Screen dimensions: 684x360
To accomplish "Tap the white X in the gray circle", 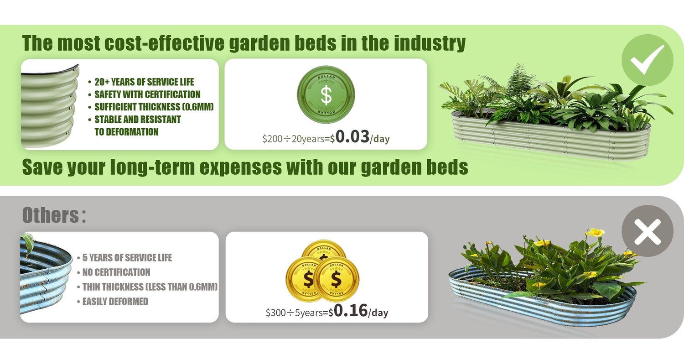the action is [648, 231].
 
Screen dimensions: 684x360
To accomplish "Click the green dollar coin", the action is [326, 94].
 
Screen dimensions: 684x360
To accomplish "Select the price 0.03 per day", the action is [362, 137].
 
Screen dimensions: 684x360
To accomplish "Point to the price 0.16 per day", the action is [361, 311].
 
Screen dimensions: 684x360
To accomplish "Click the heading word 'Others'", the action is [51, 215].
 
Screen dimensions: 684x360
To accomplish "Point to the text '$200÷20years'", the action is [293, 139].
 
